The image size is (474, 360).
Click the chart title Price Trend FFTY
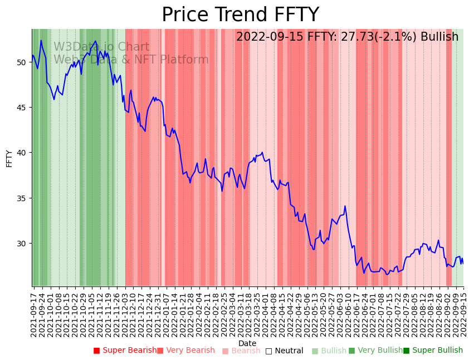(x=240, y=15)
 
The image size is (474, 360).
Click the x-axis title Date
(x=247, y=343)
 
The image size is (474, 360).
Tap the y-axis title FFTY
(x=9, y=158)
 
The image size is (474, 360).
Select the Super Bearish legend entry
(x=125, y=351)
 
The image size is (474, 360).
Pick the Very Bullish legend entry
(x=375, y=351)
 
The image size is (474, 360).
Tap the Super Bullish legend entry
(x=433, y=351)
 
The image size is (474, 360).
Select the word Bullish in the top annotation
(x=439, y=37)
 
